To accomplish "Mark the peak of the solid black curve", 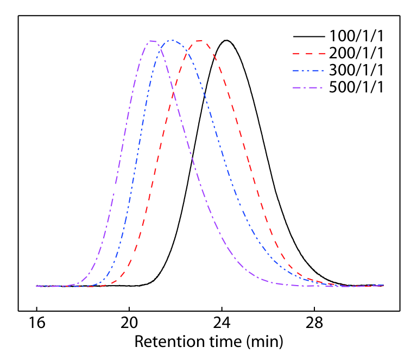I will click(x=226, y=40).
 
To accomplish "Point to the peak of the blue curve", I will click(x=172, y=40).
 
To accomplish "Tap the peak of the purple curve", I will click(x=152, y=41).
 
